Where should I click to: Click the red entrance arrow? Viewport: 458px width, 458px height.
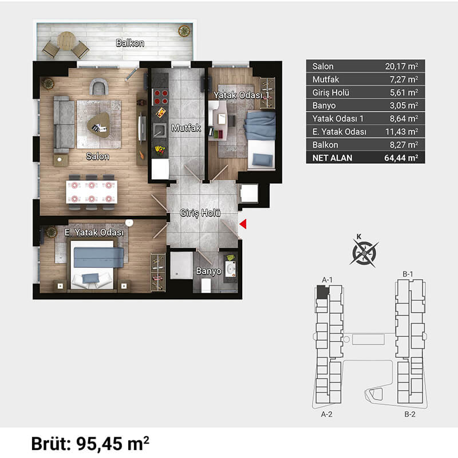click(243, 224)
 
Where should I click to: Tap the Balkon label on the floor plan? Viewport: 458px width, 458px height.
click(130, 44)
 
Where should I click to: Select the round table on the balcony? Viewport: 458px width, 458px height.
click(66, 41)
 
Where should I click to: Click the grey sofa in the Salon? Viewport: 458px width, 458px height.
click(64, 124)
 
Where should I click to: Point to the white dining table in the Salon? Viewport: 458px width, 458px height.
click(92, 192)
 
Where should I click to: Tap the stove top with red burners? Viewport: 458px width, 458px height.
click(161, 97)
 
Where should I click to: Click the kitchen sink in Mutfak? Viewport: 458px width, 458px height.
click(160, 131)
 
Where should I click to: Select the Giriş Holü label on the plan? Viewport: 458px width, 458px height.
click(200, 213)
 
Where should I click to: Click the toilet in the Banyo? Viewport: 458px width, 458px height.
click(206, 285)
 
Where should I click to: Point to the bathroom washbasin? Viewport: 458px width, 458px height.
click(231, 269)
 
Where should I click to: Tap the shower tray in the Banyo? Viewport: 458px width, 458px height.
click(181, 266)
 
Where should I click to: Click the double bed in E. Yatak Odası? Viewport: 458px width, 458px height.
click(92, 264)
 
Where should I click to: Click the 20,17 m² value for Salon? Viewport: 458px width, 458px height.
click(401, 66)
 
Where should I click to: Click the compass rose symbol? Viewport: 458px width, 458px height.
click(364, 253)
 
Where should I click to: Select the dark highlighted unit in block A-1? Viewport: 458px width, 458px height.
click(322, 292)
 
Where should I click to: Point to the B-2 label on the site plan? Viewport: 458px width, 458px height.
click(410, 414)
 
